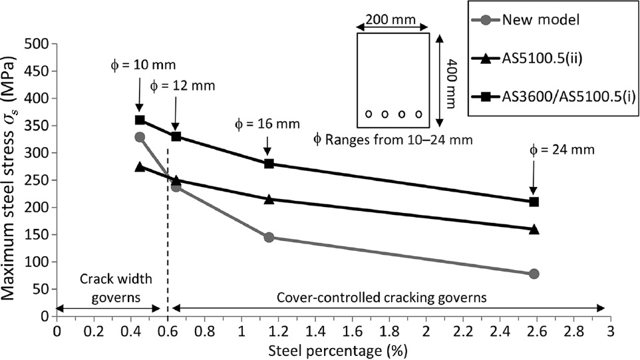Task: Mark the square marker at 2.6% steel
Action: pos(534,202)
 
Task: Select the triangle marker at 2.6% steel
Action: pos(534,229)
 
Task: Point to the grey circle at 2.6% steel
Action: pos(534,273)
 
